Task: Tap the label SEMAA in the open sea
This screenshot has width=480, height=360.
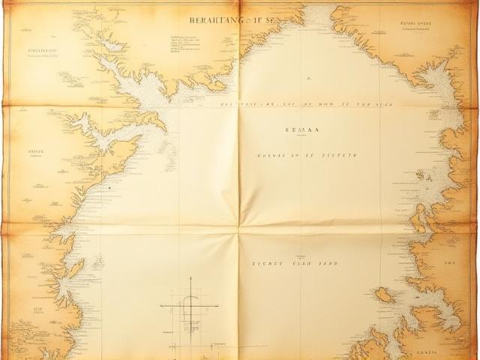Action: coord(302,129)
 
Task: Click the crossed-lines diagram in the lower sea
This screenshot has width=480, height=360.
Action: coord(190,308)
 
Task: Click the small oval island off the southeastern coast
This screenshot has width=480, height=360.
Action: coord(385,295)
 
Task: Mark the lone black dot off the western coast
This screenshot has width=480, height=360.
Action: coord(109,187)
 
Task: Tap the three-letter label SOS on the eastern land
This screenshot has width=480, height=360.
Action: coord(450,264)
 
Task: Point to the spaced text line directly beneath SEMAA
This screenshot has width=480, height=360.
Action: coord(307,155)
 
